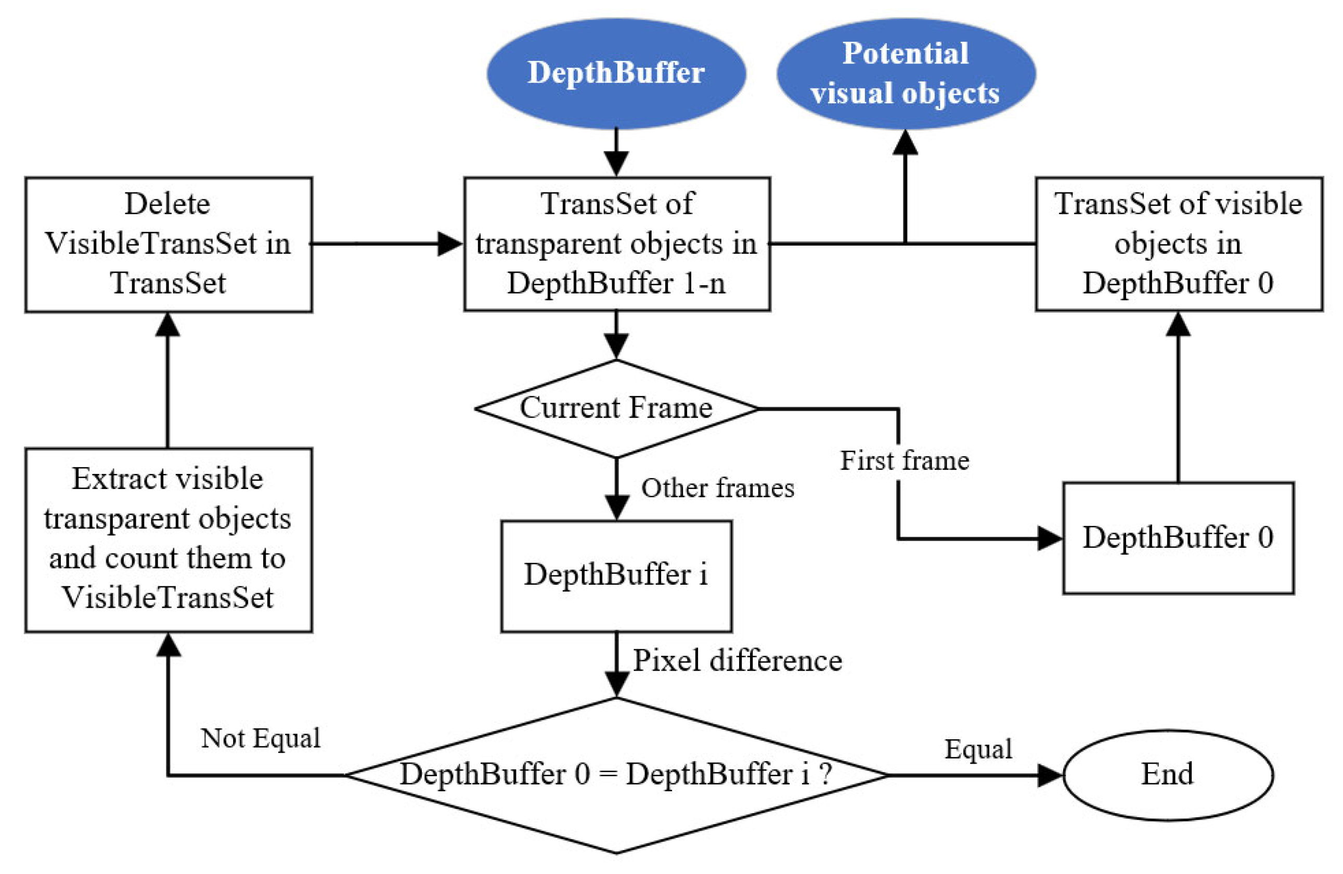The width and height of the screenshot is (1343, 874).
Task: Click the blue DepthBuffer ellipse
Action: tap(616, 73)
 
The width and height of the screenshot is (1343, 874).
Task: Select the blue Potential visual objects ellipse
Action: tap(906, 73)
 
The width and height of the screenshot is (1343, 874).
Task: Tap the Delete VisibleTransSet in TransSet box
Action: tap(168, 245)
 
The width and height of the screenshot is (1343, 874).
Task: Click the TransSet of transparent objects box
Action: tap(617, 244)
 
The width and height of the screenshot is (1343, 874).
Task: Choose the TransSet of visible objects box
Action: tap(1179, 244)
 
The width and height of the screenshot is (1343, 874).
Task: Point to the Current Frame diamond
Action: tap(617, 408)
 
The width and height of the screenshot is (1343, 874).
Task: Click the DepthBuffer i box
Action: tap(616, 576)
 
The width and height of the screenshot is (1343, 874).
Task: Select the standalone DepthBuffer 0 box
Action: tap(1178, 538)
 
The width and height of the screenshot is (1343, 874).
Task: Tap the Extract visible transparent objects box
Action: tap(168, 540)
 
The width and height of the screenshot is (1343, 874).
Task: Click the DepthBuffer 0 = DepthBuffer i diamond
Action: tap(617, 775)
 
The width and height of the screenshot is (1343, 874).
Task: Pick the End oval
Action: tap(1168, 775)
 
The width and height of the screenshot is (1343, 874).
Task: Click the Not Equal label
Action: tap(261, 739)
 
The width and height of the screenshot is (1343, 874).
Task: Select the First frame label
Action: tap(905, 460)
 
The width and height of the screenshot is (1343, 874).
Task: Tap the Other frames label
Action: tap(718, 488)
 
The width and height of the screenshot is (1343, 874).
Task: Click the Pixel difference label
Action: tap(738, 661)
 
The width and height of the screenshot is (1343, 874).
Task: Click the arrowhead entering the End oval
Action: tap(1051, 775)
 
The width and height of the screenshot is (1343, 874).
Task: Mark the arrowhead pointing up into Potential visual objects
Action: tap(905, 143)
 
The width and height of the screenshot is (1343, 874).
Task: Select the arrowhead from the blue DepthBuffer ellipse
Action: tap(617, 164)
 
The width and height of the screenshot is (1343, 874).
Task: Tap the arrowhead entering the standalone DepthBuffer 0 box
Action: tap(1051, 538)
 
